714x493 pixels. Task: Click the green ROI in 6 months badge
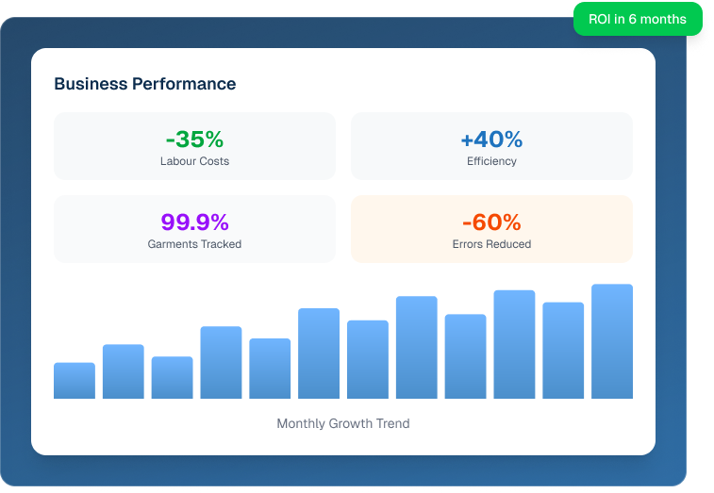pyautogui.click(x=638, y=19)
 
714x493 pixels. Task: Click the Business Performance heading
pyautogui.click(x=144, y=84)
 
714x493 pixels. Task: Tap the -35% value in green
pyautogui.click(x=194, y=140)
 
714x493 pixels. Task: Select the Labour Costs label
pyautogui.click(x=194, y=161)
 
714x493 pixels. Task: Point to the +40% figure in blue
pyautogui.click(x=491, y=140)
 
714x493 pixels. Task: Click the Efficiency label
pyautogui.click(x=491, y=161)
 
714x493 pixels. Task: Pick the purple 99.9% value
pyautogui.click(x=194, y=222)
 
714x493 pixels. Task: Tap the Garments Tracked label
pyautogui.click(x=194, y=244)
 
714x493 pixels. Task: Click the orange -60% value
pyautogui.click(x=491, y=222)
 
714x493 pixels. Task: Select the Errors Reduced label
pyautogui.click(x=491, y=244)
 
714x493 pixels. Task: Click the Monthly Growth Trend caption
pyautogui.click(x=343, y=423)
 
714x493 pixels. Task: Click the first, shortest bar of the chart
pyautogui.click(x=75, y=381)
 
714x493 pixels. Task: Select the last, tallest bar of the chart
pyautogui.click(x=612, y=341)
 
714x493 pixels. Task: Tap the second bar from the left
pyautogui.click(x=124, y=371)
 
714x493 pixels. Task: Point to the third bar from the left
pyautogui.click(x=172, y=377)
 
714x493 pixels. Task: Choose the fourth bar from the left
pyautogui.click(x=221, y=363)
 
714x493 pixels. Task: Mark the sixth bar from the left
pyautogui.click(x=319, y=353)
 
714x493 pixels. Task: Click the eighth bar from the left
pyautogui.click(x=417, y=348)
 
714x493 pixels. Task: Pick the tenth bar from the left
pyautogui.click(x=514, y=344)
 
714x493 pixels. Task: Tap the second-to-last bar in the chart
pyautogui.click(x=563, y=351)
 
